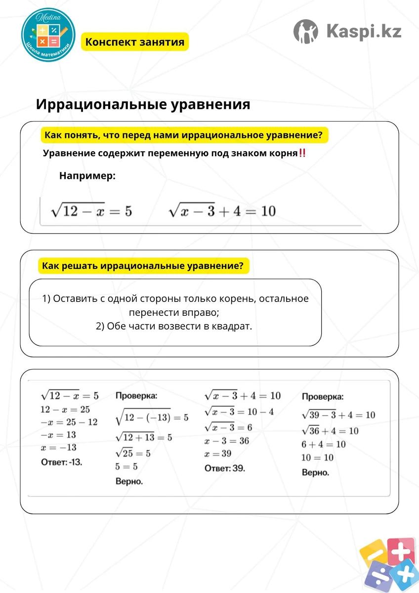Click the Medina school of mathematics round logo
(48, 35)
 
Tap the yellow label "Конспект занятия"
(134, 42)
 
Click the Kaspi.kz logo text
(364, 32)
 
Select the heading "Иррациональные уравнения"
(143, 105)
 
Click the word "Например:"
(87, 175)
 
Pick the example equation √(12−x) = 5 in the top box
(91, 211)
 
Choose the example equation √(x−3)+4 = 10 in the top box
(222, 211)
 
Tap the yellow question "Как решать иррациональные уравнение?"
(143, 266)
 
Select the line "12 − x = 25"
(66, 409)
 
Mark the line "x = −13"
(58, 447)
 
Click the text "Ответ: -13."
(62, 463)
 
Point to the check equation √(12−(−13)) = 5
(152, 418)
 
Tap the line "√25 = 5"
(133, 453)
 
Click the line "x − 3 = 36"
(227, 441)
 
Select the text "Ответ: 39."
(225, 468)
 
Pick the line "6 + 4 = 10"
(324, 444)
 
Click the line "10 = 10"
(318, 458)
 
